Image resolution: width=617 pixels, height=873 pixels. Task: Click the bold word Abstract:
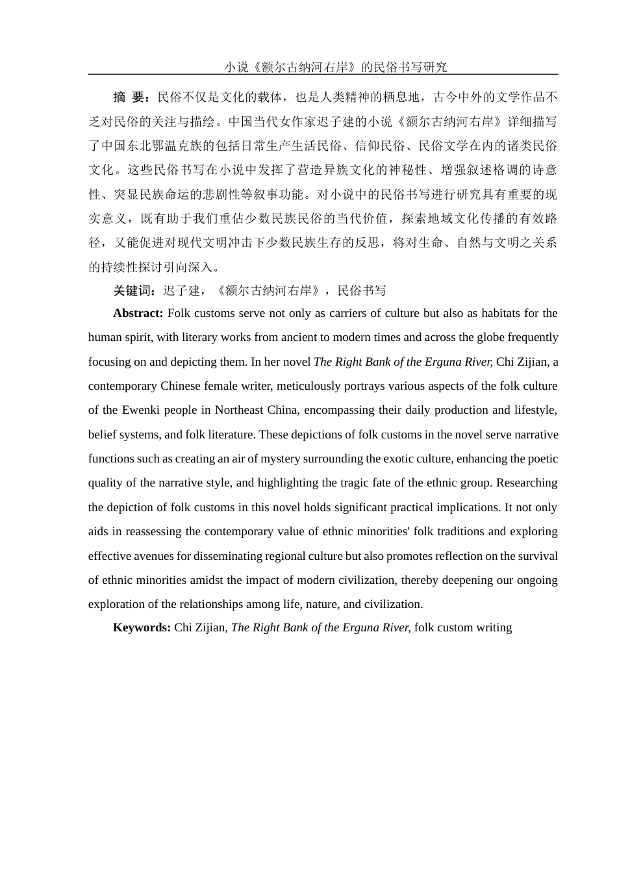coord(138,313)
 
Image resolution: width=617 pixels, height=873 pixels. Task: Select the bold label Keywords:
coord(142,627)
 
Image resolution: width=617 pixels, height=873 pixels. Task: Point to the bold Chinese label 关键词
coord(134,290)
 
